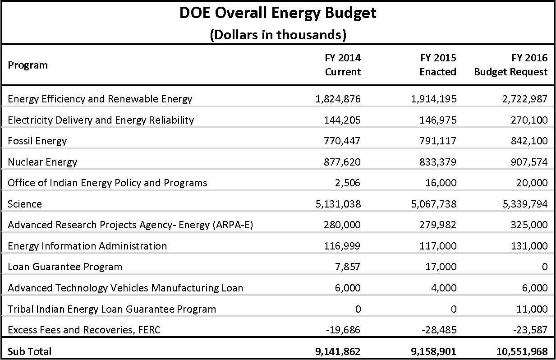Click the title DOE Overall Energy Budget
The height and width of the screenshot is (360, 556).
point(278,14)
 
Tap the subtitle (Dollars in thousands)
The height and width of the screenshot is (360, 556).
point(278,35)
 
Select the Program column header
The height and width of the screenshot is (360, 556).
point(28,65)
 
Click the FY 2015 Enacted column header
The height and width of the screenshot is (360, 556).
point(438,65)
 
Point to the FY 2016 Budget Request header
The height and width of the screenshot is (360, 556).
point(510,65)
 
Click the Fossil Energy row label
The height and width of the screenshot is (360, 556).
point(37,141)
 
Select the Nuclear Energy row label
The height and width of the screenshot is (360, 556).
point(42,162)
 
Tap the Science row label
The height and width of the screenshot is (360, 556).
point(25,204)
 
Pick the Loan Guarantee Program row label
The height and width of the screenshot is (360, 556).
point(65,267)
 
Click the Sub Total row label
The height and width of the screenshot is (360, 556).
point(30,351)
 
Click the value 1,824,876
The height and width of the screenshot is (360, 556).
point(338,99)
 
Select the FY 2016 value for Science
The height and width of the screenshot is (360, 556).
point(525,204)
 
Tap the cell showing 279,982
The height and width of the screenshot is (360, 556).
point(438,225)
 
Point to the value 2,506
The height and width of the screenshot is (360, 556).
point(347,183)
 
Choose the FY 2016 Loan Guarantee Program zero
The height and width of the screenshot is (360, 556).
point(545,267)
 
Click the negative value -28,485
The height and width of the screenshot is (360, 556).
point(439,330)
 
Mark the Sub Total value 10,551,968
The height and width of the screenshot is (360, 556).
point(522,351)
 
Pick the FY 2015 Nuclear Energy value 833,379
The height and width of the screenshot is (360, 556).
point(438,162)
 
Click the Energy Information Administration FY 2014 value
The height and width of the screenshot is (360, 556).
point(342,246)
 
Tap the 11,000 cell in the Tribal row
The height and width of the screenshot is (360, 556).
point(532,309)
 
